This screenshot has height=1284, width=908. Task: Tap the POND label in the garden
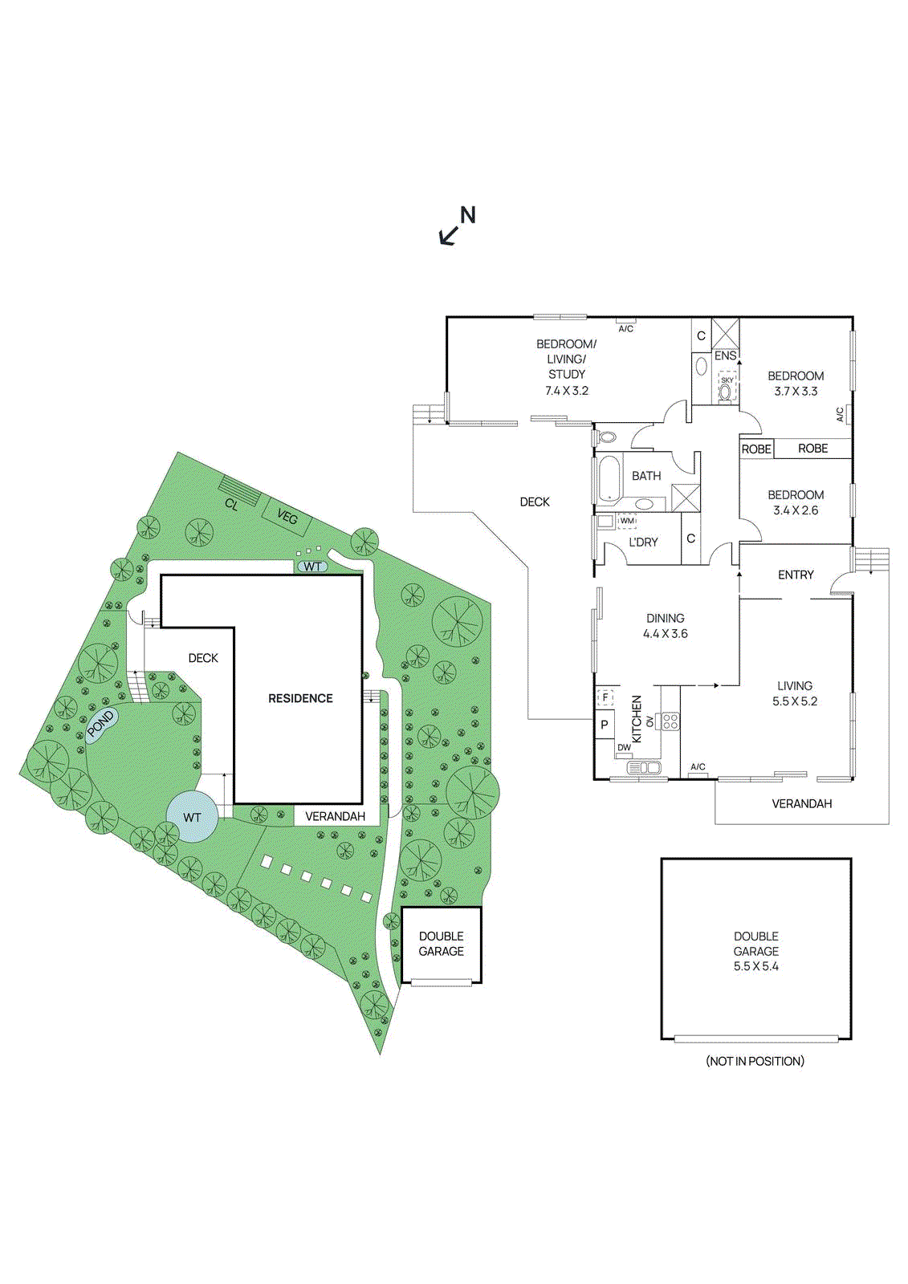pyautogui.click(x=101, y=724)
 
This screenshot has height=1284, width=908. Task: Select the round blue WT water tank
pyautogui.click(x=191, y=817)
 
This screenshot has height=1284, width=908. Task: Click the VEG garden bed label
pyautogui.click(x=287, y=517)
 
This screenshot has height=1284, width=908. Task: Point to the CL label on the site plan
pyautogui.click(x=231, y=504)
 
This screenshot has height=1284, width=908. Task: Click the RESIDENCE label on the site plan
pyautogui.click(x=300, y=698)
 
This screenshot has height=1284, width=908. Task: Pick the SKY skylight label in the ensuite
pyautogui.click(x=727, y=380)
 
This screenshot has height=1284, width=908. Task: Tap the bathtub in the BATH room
pyautogui.click(x=609, y=479)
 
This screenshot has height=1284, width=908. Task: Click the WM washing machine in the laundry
pyautogui.click(x=627, y=521)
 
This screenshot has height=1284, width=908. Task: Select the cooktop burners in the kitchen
pyautogui.click(x=670, y=721)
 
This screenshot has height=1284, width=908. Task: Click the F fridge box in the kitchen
pyautogui.click(x=605, y=697)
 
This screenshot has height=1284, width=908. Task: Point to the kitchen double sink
pyautogui.click(x=644, y=768)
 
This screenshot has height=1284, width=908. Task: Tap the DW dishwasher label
pyautogui.click(x=624, y=748)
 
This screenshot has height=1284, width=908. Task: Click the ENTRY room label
pyautogui.click(x=796, y=575)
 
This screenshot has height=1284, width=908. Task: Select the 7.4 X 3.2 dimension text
pyautogui.click(x=567, y=391)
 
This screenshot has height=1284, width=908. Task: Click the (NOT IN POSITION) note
pyautogui.click(x=755, y=1061)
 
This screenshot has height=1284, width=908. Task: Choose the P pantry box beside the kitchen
pyautogui.click(x=605, y=725)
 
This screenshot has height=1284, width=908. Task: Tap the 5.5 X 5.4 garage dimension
pyautogui.click(x=755, y=966)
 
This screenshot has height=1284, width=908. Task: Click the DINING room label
pyautogui.click(x=665, y=618)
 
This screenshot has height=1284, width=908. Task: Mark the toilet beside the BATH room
pyautogui.click(x=608, y=437)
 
